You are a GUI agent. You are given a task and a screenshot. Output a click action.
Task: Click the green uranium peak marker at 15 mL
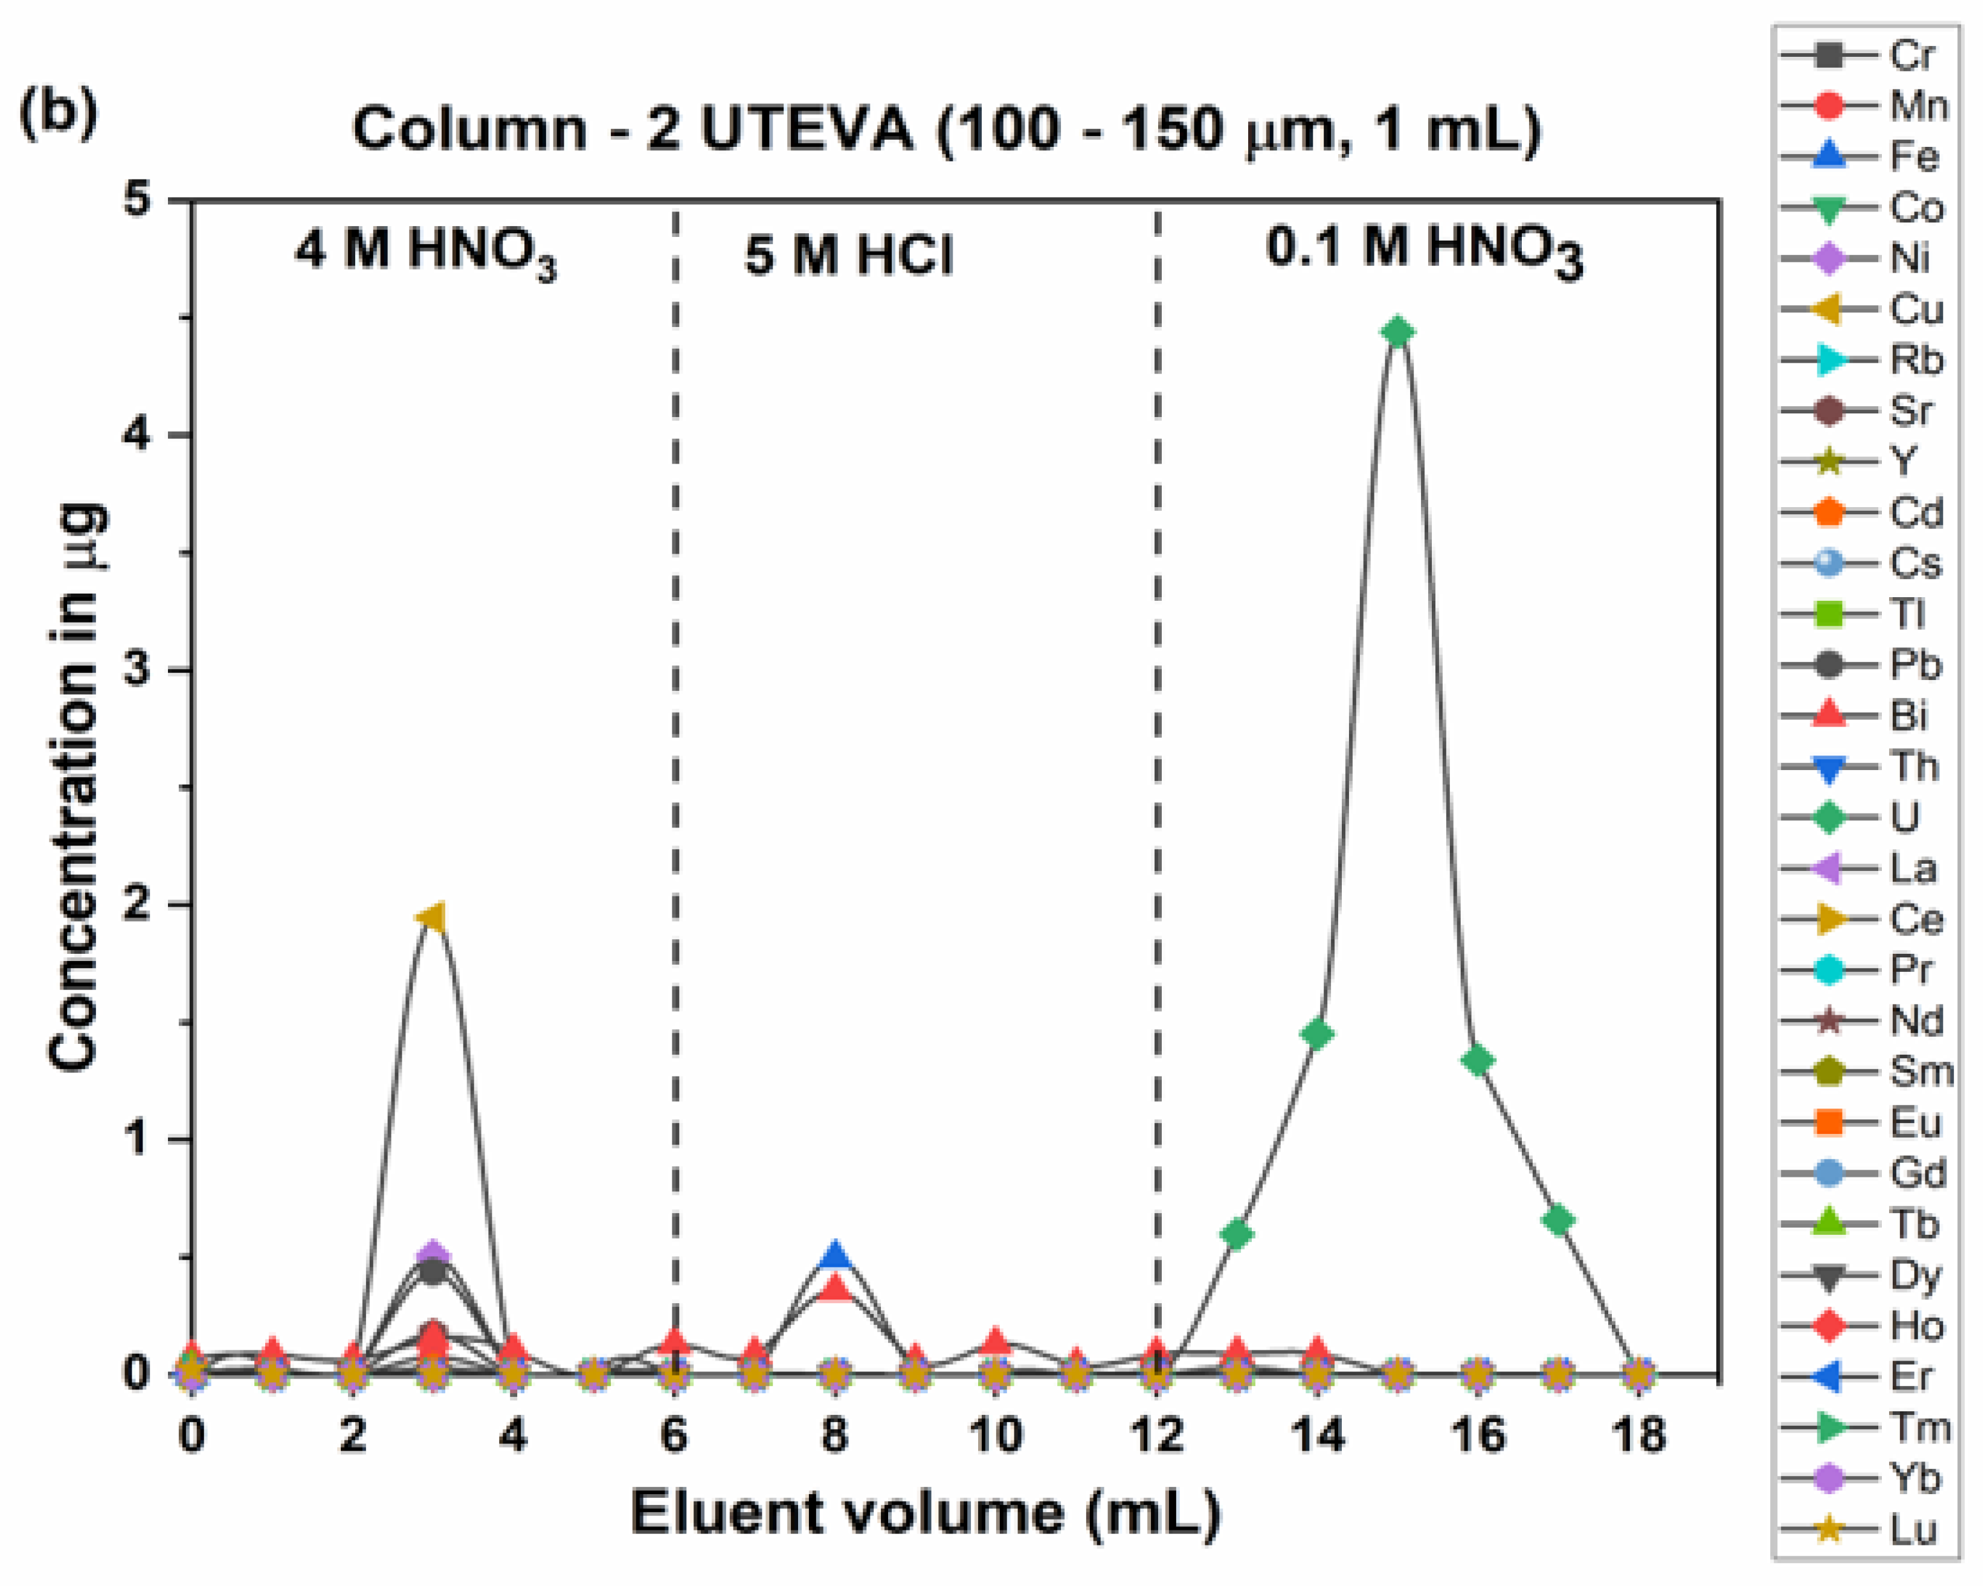click(1398, 332)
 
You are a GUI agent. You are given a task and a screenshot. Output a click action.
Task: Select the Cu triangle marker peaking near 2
click(433, 918)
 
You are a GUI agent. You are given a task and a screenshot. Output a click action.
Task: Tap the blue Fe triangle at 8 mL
click(835, 1255)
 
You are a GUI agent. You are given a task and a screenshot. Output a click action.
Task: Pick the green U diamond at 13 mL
click(1238, 1234)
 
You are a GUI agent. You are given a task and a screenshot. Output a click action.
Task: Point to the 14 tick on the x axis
click(1318, 1436)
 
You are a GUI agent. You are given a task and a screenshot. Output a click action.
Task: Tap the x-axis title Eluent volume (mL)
click(925, 1512)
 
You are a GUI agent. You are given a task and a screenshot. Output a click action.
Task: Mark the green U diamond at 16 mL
click(1478, 1061)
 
